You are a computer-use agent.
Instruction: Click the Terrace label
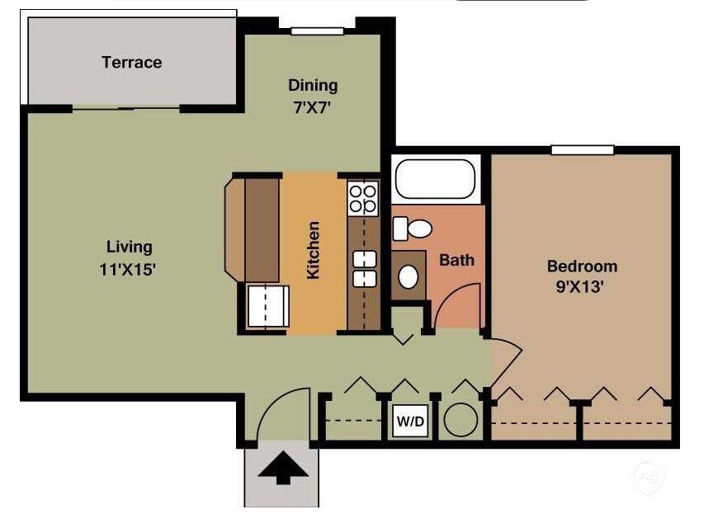(x=131, y=63)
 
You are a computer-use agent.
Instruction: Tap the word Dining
(x=313, y=86)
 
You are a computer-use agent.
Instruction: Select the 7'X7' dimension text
(x=311, y=108)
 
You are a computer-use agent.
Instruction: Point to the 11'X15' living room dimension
(x=128, y=270)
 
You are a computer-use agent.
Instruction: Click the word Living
(x=129, y=247)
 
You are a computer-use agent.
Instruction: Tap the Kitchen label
(x=314, y=250)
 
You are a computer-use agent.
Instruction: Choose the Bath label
(x=456, y=260)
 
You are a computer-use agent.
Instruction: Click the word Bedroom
(x=582, y=266)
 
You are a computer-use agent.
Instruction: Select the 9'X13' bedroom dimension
(x=580, y=287)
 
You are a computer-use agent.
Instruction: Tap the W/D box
(x=410, y=421)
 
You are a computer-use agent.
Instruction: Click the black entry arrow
(x=283, y=468)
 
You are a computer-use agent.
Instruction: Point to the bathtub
(x=435, y=179)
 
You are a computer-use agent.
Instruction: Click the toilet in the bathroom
(x=412, y=229)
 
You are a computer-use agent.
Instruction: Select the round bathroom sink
(x=408, y=276)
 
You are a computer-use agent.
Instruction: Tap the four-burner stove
(x=363, y=199)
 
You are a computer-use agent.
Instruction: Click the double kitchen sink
(x=365, y=269)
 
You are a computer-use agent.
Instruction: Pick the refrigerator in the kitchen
(x=267, y=306)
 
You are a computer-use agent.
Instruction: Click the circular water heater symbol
(x=460, y=420)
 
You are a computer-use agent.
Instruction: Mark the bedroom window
(x=583, y=150)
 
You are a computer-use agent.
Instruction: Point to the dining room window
(x=317, y=31)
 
